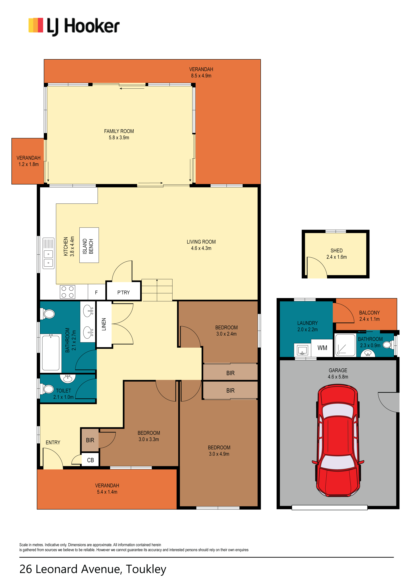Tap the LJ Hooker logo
pyautogui.click(x=74, y=27)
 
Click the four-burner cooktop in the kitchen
pyautogui.click(x=68, y=292)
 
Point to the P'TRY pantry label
pyautogui.click(x=124, y=292)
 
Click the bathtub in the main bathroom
pyautogui.click(x=51, y=353)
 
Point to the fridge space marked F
pyautogui.click(x=96, y=292)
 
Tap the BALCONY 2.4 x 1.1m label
pyautogui.click(x=369, y=316)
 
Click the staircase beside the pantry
pyautogui.click(x=157, y=290)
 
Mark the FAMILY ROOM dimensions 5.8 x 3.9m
pyautogui.click(x=119, y=138)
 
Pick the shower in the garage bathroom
pyautogui.click(x=345, y=345)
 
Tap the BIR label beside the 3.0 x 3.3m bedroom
pyautogui.click(x=90, y=440)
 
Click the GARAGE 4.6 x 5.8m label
pyautogui.click(x=338, y=373)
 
